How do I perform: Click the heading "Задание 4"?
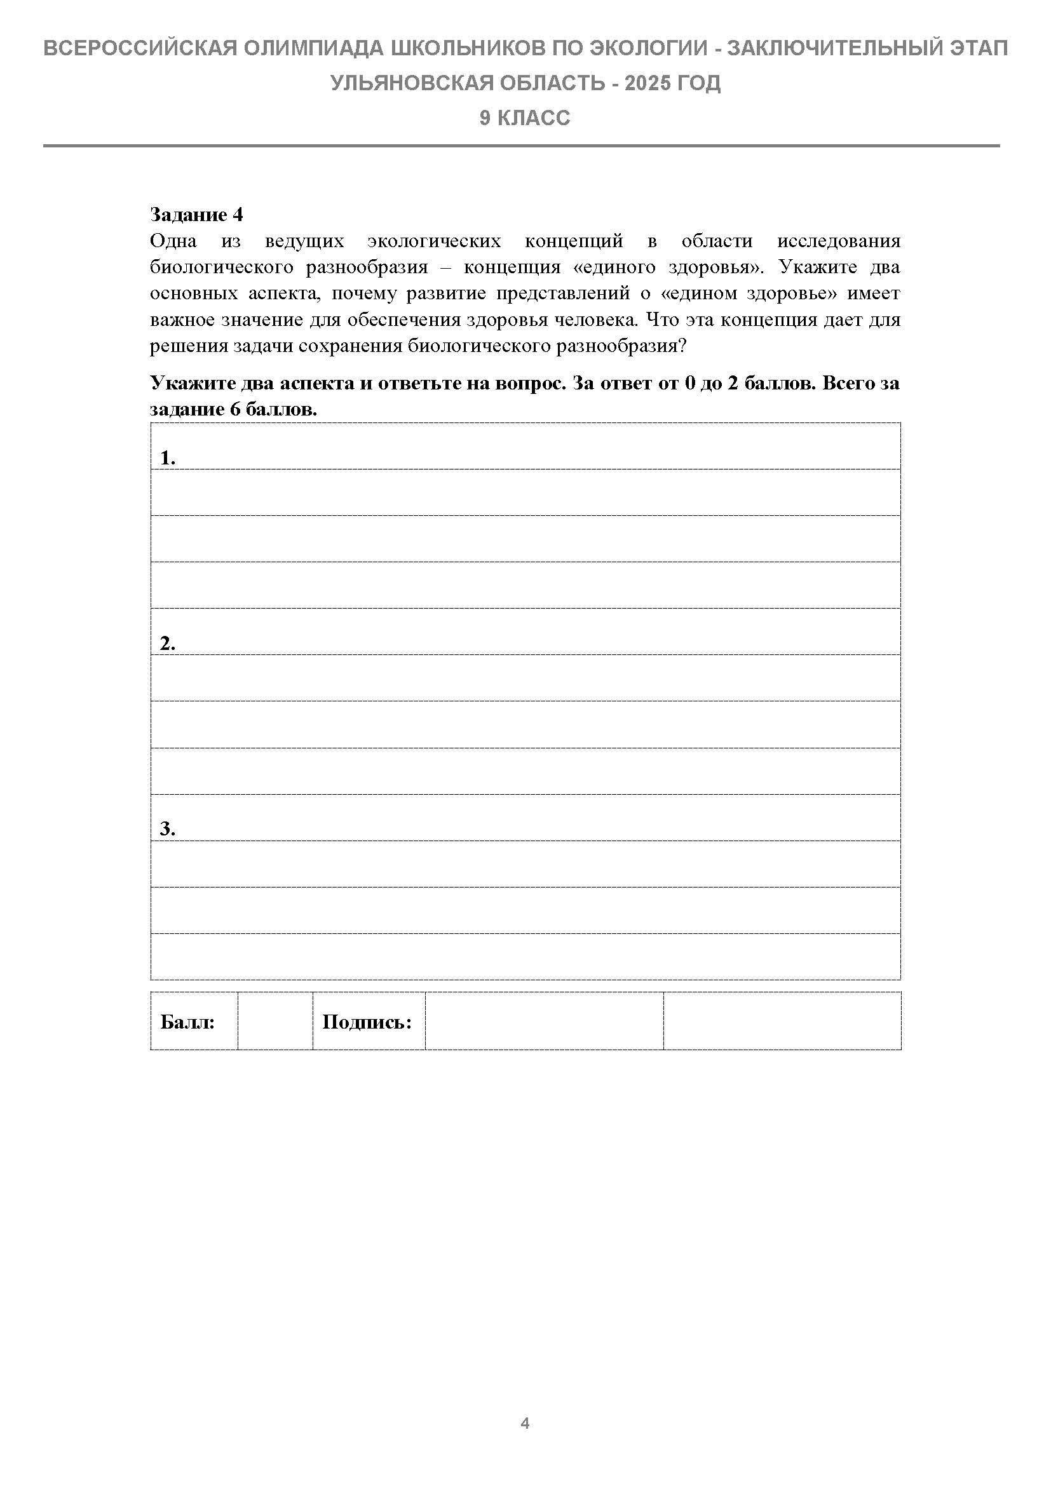tap(196, 214)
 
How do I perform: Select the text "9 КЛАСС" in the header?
tap(525, 118)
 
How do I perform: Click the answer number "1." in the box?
tap(168, 458)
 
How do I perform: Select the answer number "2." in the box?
tap(168, 644)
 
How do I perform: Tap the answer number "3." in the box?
tap(168, 828)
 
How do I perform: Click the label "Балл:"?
tap(187, 1022)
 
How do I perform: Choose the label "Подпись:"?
tap(367, 1022)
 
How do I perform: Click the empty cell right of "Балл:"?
tap(275, 1022)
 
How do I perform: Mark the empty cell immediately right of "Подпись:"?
tap(544, 1022)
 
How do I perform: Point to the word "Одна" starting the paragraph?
tap(173, 241)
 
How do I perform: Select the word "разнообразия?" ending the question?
tap(622, 346)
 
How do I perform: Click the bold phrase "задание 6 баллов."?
tap(234, 410)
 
